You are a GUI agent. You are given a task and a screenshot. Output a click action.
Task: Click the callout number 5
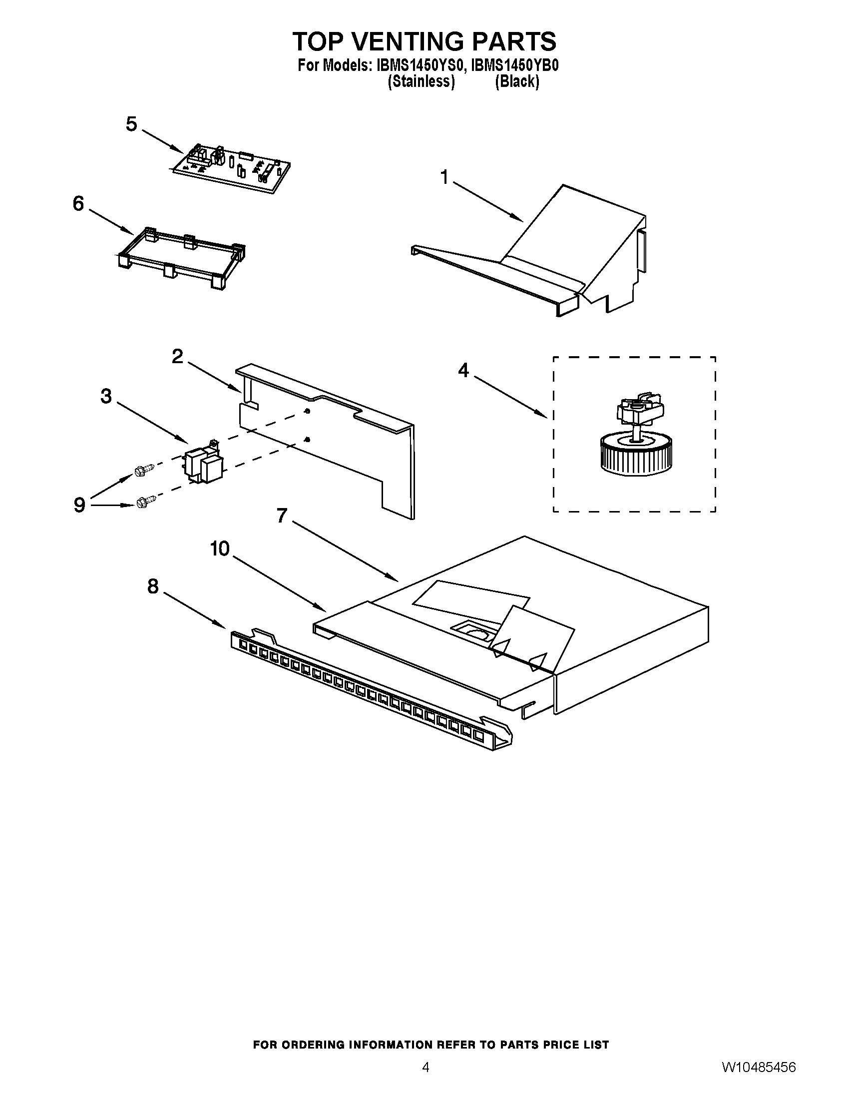coord(131,124)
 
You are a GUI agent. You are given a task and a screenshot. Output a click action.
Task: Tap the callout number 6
coord(78,204)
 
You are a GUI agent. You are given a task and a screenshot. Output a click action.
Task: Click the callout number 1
coord(444,177)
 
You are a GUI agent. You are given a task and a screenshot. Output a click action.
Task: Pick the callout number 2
coord(177,356)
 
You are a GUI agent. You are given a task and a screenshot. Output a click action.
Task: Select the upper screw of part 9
coord(143,470)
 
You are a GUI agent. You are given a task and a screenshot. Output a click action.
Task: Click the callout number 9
coord(79,505)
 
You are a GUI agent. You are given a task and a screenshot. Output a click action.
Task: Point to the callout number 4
coord(463,371)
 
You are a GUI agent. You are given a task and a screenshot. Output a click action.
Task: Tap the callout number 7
coord(282,516)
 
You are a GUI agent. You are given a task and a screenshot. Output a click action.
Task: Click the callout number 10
coord(219,549)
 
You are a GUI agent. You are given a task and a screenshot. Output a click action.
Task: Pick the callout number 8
coord(153,586)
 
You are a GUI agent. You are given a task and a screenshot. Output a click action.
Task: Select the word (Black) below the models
coord(516,81)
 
